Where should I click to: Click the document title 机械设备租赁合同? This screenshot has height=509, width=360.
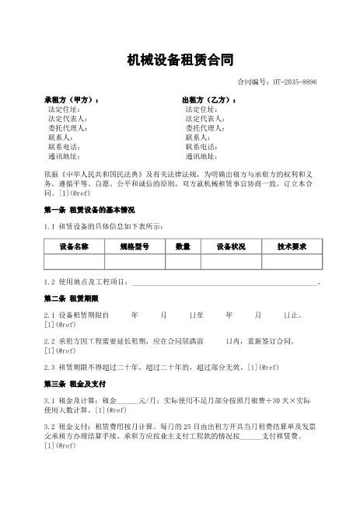[180, 60]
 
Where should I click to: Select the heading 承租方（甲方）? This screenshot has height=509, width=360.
[72, 101]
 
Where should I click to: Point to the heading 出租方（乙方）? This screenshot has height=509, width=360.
[209, 101]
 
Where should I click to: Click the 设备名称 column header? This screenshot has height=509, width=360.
[74, 246]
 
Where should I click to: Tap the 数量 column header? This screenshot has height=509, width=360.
[183, 246]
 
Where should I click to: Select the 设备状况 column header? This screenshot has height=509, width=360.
[231, 246]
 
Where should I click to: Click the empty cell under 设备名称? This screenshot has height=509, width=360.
[74, 262]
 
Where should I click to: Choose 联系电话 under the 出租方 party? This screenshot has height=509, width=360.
[201, 146]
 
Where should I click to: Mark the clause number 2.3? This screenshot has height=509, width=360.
[50, 367]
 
